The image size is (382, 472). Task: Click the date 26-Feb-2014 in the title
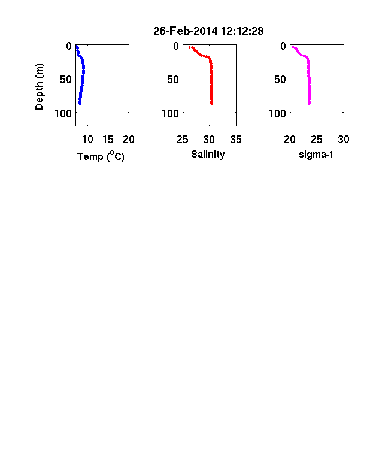pos(185,31)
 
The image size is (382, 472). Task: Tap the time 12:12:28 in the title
pos(242,31)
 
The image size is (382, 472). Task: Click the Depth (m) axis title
pos(40,87)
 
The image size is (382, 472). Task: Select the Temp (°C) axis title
pos(101,156)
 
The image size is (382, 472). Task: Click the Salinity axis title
pos(208,155)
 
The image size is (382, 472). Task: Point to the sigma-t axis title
pos(316,155)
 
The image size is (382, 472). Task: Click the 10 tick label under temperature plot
pos(87,140)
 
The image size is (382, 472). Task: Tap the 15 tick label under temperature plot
pos(108,140)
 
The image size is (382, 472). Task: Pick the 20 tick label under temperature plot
pos(129,140)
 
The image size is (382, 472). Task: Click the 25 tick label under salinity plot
pos(183,140)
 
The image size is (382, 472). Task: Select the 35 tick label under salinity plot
pos(236,140)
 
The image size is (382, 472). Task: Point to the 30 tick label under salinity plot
pos(209,140)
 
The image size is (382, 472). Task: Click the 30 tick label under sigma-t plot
pos(344,140)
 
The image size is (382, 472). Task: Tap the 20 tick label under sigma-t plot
pos(290,140)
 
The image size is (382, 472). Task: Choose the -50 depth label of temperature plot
pos(64,80)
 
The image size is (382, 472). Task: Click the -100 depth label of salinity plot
pos(168,113)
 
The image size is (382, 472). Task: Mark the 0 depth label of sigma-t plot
pos(283,46)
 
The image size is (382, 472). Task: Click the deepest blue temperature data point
pos(80,104)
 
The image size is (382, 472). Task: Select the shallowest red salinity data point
pos(189,47)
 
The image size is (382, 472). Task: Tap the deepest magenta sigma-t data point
pos(309,104)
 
